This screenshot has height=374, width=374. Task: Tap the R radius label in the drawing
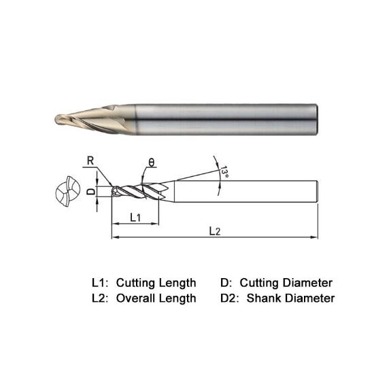(x=89, y=161)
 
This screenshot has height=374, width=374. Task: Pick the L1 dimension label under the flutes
(x=135, y=217)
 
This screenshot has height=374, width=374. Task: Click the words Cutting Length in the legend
(x=156, y=282)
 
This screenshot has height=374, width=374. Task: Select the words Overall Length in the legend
(x=156, y=298)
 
